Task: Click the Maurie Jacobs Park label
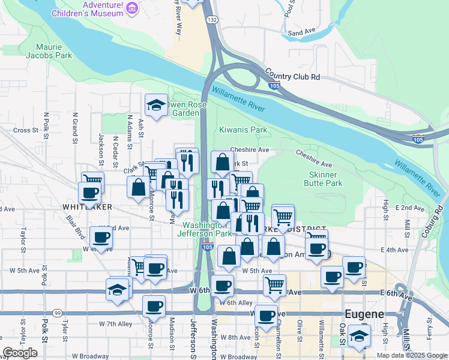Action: tap(54, 51)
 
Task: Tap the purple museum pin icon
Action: tap(133, 8)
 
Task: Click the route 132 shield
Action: tap(212, 20)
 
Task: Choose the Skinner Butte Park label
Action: tap(326, 178)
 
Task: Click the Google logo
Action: tap(20, 353)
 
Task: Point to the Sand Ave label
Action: tap(301, 33)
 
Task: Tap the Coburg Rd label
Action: tap(440, 221)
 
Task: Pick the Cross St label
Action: tap(26, 130)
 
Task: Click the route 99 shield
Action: tap(57, 313)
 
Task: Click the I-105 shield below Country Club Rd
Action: tap(273, 86)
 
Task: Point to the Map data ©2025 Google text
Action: tap(412, 355)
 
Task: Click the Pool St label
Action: tap(290, 9)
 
